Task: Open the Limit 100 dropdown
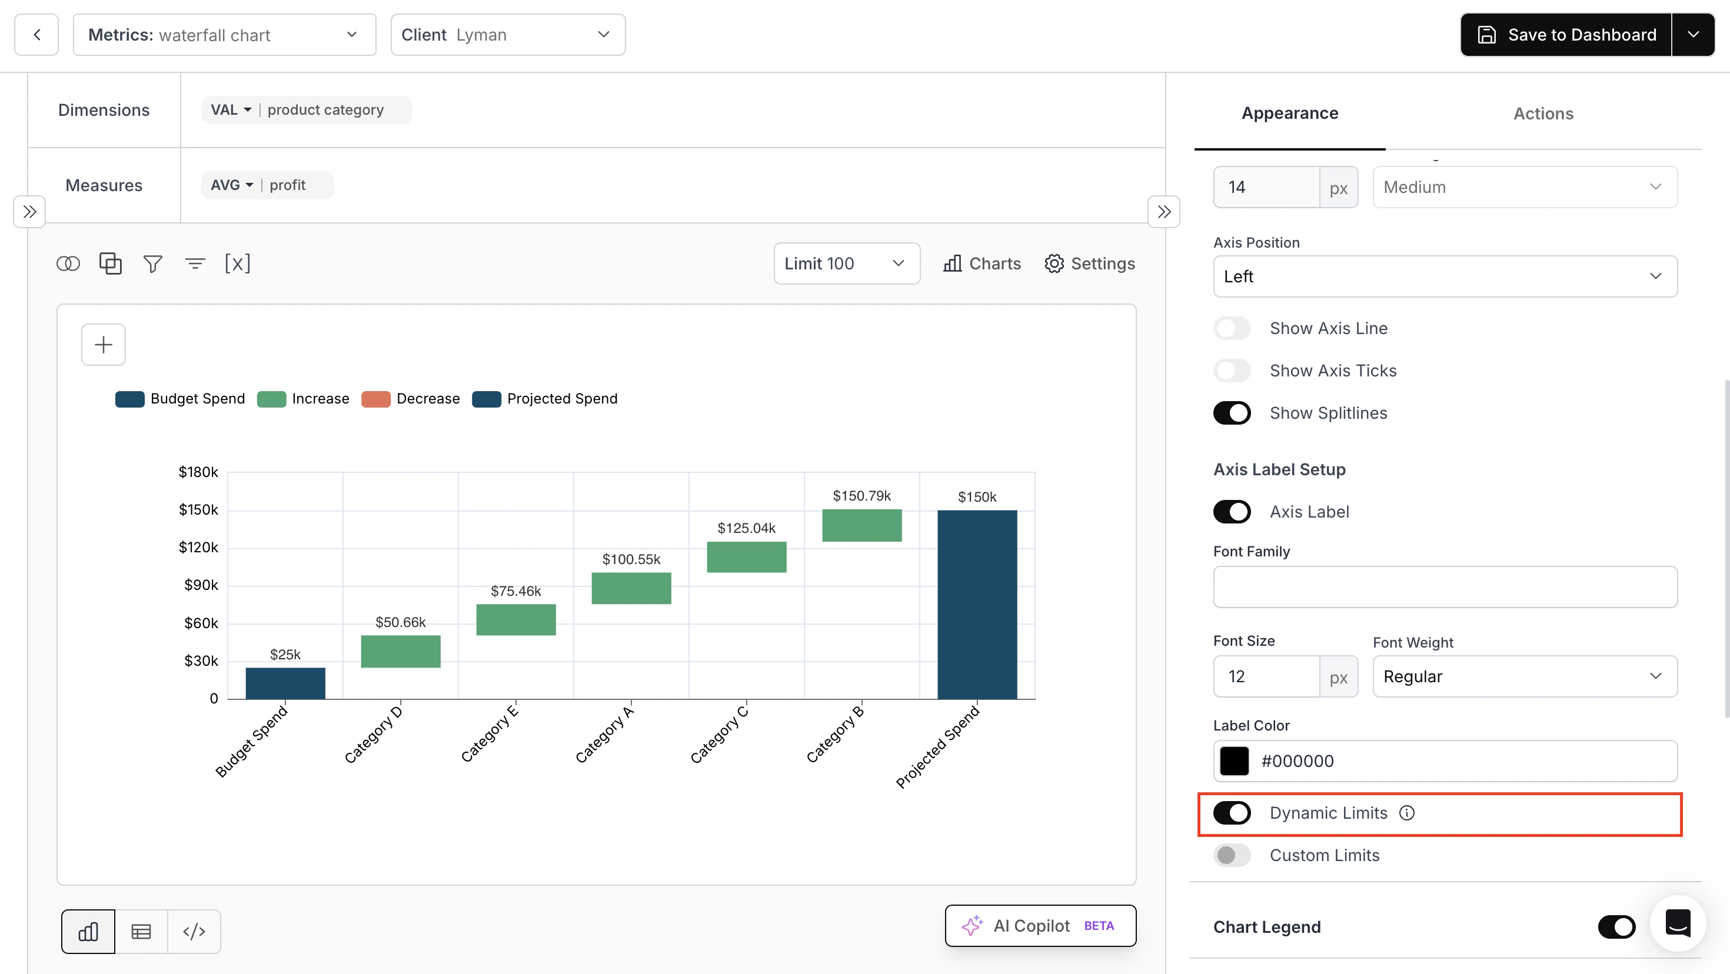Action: [x=846, y=264]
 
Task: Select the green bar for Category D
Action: [x=400, y=651]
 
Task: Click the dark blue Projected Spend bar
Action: [x=977, y=604]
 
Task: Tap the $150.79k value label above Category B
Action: [x=861, y=495]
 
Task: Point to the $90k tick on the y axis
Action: [x=201, y=585]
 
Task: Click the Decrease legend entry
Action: [x=411, y=399]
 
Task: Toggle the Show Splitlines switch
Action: [x=1232, y=413]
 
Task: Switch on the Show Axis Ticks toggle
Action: [x=1232, y=371]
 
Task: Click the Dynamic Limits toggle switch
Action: [x=1232, y=813]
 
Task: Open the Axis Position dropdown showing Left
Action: [x=1445, y=276]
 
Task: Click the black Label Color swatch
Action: [x=1235, y=761]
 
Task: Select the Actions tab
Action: [x=1543, y=114]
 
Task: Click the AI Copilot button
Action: [x=1040, y=926]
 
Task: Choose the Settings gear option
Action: [x=1089, y=264]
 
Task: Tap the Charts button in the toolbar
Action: [x=982, y=264]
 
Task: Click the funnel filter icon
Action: [x=152, y=264]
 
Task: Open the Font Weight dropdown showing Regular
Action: [x=1525, y=676]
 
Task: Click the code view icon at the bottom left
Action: [x=194, y=932]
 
